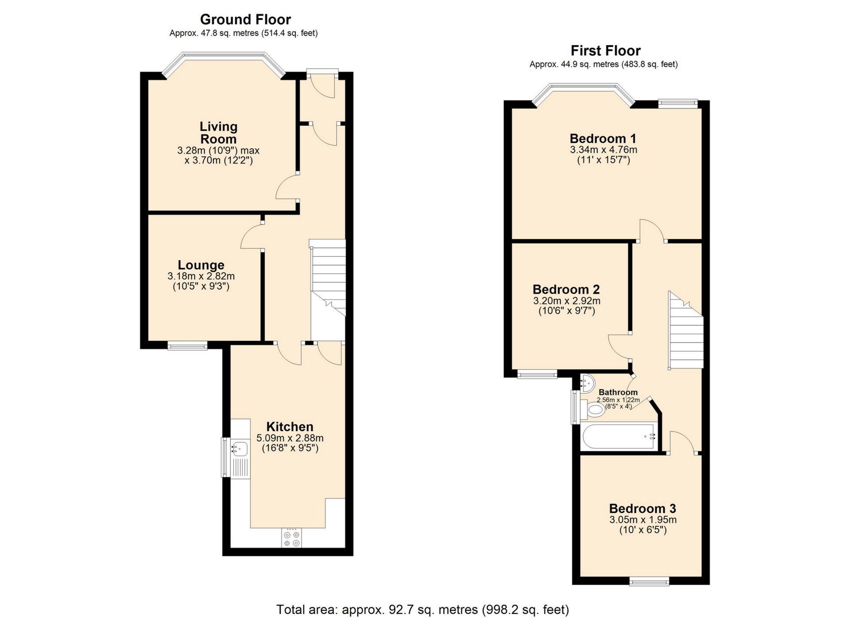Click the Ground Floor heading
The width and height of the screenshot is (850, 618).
(x=245, y=19)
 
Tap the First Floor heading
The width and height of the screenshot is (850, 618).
(x=605, y=50)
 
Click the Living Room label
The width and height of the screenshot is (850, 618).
(x=218, y=132)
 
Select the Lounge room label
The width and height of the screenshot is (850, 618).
(x=201, y=265)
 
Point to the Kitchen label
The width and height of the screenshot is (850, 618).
(x=290, y=427)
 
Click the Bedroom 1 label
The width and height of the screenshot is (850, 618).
(x=603, y=138)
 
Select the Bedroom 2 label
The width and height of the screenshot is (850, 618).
(x=566, y=290)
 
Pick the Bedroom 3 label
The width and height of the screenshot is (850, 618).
(x=642, y=509)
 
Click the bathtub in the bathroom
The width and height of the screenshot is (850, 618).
(x=619, y=437)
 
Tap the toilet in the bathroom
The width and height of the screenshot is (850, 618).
(x=593, y=409)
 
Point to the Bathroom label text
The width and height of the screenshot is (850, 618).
(x=618, y=392)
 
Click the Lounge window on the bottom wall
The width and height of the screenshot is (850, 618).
(x=187, y=346)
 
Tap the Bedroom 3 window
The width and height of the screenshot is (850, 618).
(x=649, y=581)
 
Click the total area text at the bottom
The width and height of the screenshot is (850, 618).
(x=422, y=610)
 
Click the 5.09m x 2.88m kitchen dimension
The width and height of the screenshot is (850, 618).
(x=290, y=438)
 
